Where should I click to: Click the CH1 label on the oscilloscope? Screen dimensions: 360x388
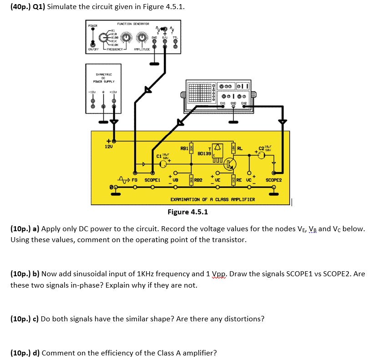coord(223,103)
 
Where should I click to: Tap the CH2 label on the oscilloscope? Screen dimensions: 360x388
coord(244,103)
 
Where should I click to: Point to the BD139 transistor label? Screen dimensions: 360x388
coord(204,154)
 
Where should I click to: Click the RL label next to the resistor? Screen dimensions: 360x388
coord(240,148)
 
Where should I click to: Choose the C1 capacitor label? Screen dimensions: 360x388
coord(159,157)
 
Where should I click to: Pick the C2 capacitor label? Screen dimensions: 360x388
coord(261,148)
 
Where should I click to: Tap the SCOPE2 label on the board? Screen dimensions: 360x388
coord(274,180)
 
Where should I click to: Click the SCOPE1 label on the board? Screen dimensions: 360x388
coord(152,180)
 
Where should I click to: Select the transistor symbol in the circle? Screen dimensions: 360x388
coord(232,163)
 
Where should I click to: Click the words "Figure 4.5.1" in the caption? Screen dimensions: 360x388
coord(187,212)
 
